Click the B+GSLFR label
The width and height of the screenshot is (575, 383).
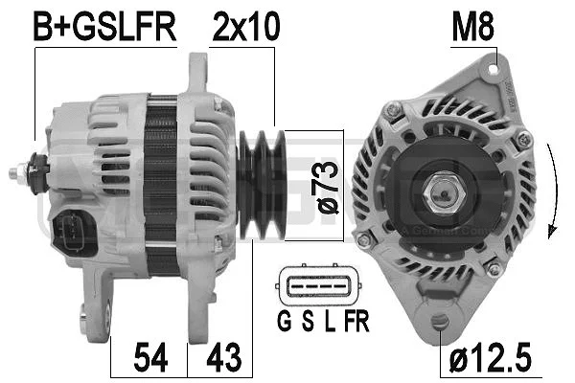coord(104,28)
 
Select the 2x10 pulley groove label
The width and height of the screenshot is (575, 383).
coord(244,28)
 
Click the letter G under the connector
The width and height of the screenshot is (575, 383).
coord(286,321)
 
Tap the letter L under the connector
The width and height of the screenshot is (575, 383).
coord(329,321)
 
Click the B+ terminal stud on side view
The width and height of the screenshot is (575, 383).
coord(21,172)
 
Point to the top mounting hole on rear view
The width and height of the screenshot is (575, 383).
coord(496,68)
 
